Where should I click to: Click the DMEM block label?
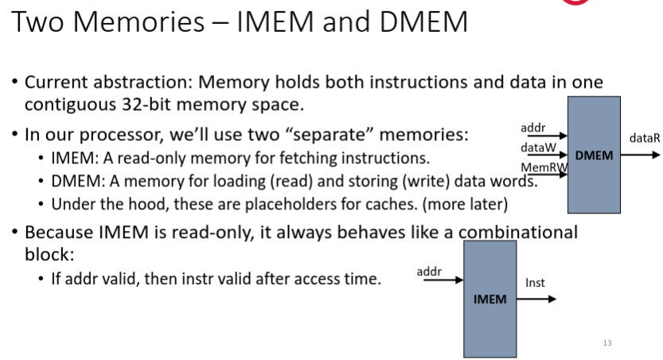594,155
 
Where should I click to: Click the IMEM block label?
490,299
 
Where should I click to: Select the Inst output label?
535,283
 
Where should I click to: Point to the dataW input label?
537,147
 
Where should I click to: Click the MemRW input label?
538,167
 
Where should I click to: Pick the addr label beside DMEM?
532,127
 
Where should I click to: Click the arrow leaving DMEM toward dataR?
641,155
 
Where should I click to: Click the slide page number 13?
607,343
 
